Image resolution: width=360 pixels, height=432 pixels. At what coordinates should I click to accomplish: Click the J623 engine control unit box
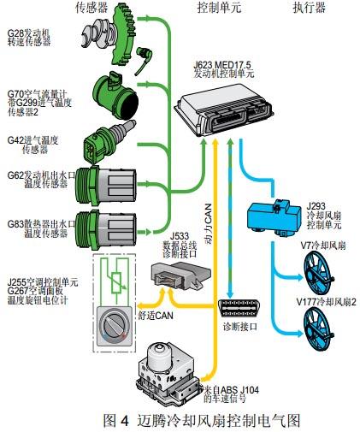click(x=224, y=109)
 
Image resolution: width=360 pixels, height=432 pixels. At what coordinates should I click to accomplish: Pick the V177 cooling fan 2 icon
click(x=317, y=328)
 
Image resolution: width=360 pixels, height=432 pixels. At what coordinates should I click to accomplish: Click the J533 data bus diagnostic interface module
click(x=181, y=275)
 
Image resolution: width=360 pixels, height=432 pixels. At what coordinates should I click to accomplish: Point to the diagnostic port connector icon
click(x=239, y=308)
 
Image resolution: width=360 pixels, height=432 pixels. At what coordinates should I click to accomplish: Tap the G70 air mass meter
click(x=116, y=96)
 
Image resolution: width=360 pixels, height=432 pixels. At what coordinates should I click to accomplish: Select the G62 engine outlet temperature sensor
click(x=106, y=186)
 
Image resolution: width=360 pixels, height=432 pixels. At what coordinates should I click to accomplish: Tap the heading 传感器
click(x=91, y=8)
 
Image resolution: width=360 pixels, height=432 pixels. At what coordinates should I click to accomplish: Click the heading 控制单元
click(x=219, y=8)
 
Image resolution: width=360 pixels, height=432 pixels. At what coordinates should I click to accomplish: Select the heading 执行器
click(x=310, y=8)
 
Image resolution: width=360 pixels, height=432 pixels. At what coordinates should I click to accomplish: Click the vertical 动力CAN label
click(x=209, y=223)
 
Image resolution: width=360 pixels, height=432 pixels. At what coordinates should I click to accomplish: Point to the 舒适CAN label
click(x=156, y=316)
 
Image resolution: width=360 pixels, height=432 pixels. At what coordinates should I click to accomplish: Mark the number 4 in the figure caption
click(x=125, y=421)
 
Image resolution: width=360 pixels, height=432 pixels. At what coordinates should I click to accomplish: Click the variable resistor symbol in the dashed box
click(x=116, y=283)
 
